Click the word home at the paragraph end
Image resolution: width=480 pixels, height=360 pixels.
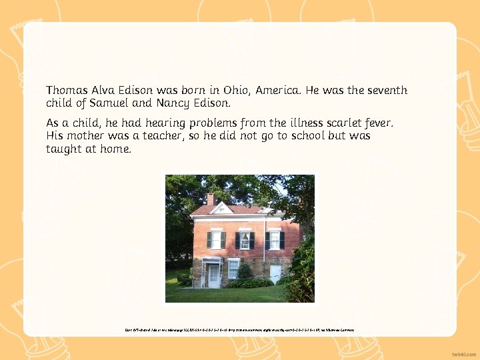coord(115,149)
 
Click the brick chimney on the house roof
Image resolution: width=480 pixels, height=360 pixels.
coord(210,199)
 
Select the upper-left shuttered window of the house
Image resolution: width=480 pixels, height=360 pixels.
coord(216,239)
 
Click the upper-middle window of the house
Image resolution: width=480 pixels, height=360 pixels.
coord(245,240)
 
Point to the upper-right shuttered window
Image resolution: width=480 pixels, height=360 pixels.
coord(274,240)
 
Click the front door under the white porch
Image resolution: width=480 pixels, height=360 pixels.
coord(213,275)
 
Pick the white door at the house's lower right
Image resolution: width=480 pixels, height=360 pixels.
coord(275,274)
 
